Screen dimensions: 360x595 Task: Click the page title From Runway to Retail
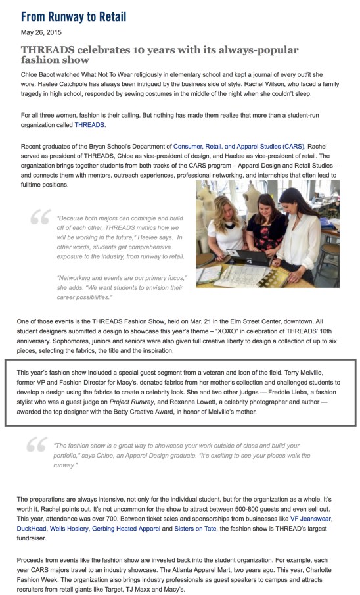[x=74, y=16]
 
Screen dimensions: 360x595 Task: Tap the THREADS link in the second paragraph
[x=89, y=124]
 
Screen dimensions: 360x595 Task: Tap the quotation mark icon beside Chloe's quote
[x=36, y=446]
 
